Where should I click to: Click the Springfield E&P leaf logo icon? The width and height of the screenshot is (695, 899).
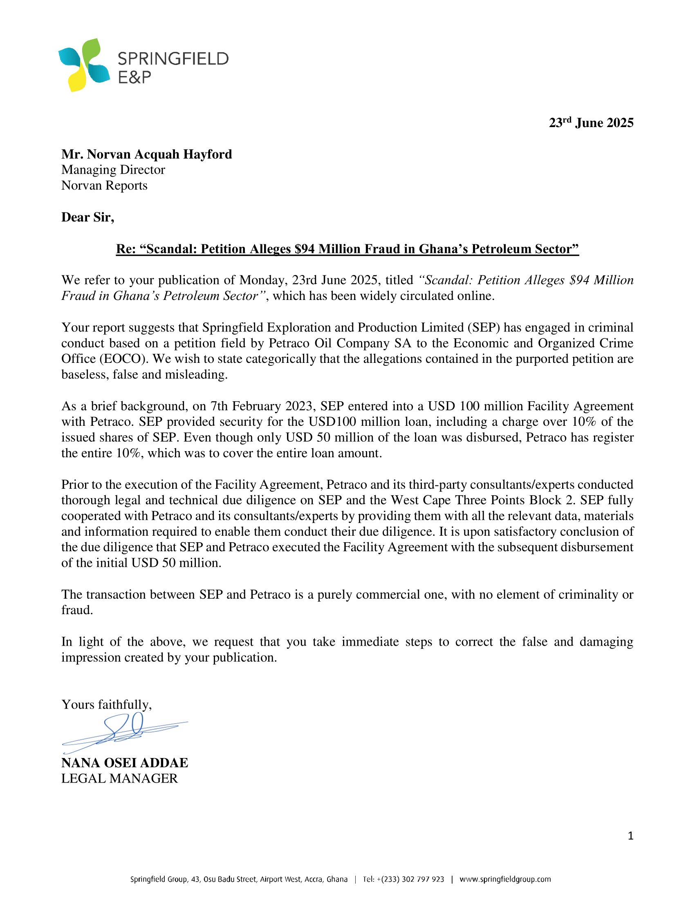(x=84, y=65)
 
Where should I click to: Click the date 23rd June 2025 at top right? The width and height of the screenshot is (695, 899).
(x=591, y=123)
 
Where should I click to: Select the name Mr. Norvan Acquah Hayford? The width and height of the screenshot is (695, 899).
(x=147, y=154)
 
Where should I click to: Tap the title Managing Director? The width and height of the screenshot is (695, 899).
(x=113, y=170)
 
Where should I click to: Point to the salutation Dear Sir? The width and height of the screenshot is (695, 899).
(x=88, y=217)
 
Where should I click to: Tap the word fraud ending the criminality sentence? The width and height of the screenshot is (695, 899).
(x=76, y=610)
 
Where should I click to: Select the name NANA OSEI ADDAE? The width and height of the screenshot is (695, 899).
(x=125, y=763)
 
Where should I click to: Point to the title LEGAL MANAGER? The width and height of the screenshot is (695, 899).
(x=119, y=778)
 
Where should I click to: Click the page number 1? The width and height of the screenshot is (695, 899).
(x=630, y=836)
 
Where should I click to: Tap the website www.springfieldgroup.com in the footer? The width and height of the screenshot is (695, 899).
(x=505, y=879)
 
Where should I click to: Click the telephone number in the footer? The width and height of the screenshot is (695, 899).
(x=403, y=879)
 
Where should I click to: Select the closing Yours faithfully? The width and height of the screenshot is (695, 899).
(x=107, y=704)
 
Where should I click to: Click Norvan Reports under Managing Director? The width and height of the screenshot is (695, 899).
(x=104, y=185)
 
